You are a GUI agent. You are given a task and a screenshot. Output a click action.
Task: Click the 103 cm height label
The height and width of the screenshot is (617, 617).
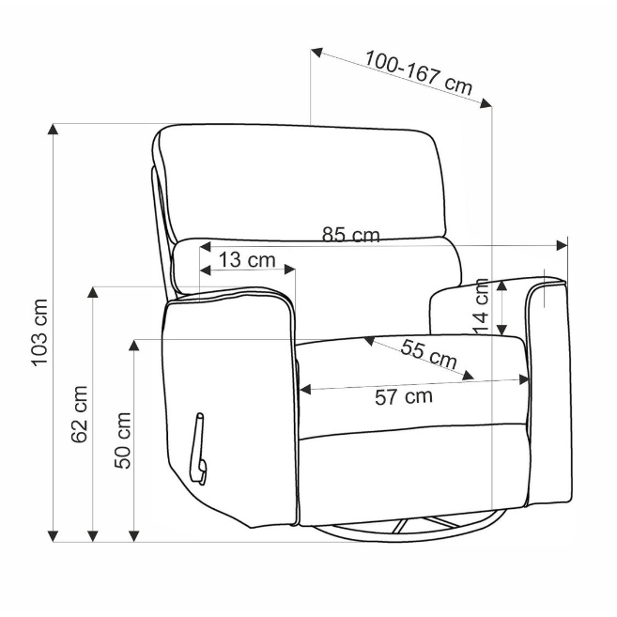(x=39, y=332)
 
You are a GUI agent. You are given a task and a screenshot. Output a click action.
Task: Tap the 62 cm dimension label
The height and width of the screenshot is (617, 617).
(x=79, y=414)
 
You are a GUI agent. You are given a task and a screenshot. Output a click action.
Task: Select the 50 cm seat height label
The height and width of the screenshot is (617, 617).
(x=122, y=440)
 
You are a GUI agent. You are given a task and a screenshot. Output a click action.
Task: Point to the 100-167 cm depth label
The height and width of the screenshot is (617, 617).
(x=419, y=72)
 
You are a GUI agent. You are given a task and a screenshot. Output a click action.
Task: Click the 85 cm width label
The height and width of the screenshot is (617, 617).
(x=351, y=235)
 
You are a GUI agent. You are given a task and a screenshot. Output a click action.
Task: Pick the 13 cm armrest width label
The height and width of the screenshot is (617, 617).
(x=247, y=260)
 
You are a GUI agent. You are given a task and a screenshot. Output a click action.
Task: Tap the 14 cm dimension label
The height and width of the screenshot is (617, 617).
(x=481, y=306)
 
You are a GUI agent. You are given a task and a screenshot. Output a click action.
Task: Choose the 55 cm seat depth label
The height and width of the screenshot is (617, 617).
(x=429, y=354)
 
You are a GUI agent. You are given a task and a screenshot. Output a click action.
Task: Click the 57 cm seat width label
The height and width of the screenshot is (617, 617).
(x=404, y=396)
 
